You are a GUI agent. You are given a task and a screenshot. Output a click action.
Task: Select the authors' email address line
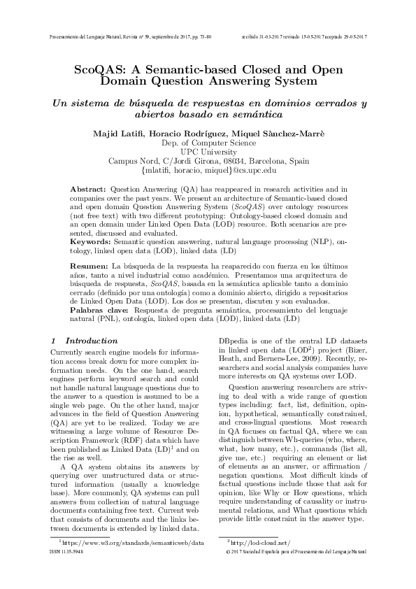pos(209,169)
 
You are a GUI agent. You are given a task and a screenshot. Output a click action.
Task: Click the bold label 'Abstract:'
pos(88,190)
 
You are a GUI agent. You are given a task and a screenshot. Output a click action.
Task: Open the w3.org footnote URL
pos(134,542)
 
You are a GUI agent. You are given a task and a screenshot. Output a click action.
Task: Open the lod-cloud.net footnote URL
pos(259,542)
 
